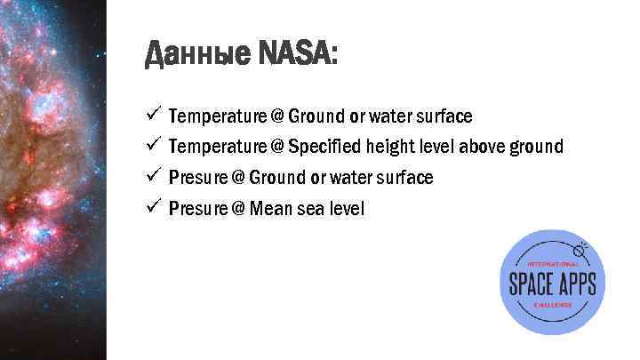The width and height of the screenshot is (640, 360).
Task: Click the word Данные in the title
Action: click(x=196, y=58)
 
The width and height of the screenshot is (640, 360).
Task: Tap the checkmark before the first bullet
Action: click(x=153, y=115)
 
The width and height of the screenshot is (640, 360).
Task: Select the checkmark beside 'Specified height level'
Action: click(x=153, y=144)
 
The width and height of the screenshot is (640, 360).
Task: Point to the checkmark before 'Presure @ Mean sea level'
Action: click(x=153, y=207)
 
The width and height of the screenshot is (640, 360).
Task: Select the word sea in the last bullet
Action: click(x=310, y=209)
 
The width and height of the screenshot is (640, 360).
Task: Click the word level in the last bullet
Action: click(x=348, y=209)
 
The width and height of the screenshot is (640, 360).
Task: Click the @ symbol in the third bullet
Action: click(x=237, y=178)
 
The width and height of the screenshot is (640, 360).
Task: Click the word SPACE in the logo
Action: click(x=531, y=284)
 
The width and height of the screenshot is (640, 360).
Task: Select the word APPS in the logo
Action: click(x=579, y=284)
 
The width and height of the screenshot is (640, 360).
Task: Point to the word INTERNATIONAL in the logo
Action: click(x=553, y=264)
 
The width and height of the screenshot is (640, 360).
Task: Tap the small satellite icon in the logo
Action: click(x=583, y=244)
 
